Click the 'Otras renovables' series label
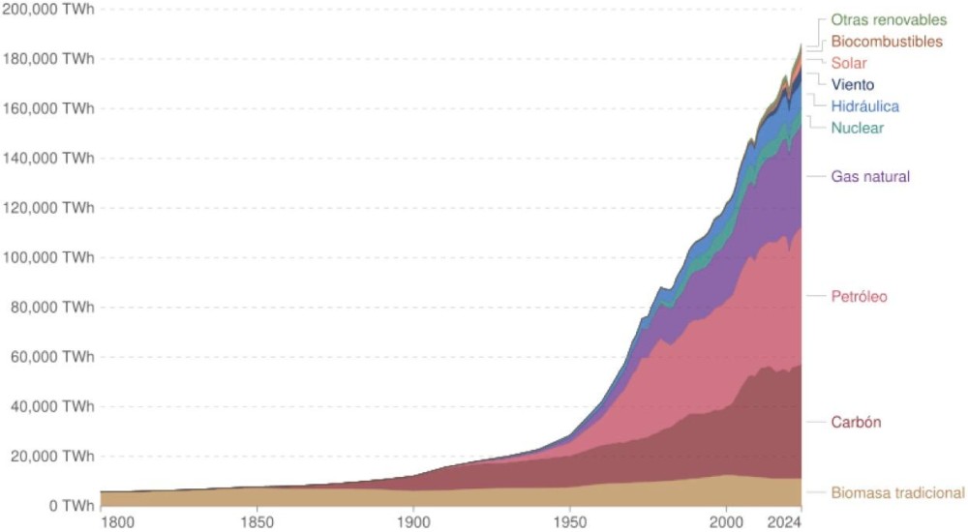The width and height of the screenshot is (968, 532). tap(889, 20)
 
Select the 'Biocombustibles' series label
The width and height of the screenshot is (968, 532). tap(887, 42)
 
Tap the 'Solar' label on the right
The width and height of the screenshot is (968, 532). tap(849, 63)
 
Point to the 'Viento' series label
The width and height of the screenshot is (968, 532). tap(853, 84)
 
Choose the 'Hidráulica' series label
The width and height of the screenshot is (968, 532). tap(865, 105)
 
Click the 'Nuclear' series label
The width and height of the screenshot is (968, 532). tap(858, 128)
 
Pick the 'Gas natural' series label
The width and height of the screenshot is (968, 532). tap(870, 176)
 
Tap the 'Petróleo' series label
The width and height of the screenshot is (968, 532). tap(859, 296)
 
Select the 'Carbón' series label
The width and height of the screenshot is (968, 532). tap(856, 422)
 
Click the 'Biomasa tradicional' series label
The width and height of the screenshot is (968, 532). tap(897, 492)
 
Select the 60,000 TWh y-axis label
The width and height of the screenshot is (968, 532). tap(52, 357)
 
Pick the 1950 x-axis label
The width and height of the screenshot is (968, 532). tap(569, 521)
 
